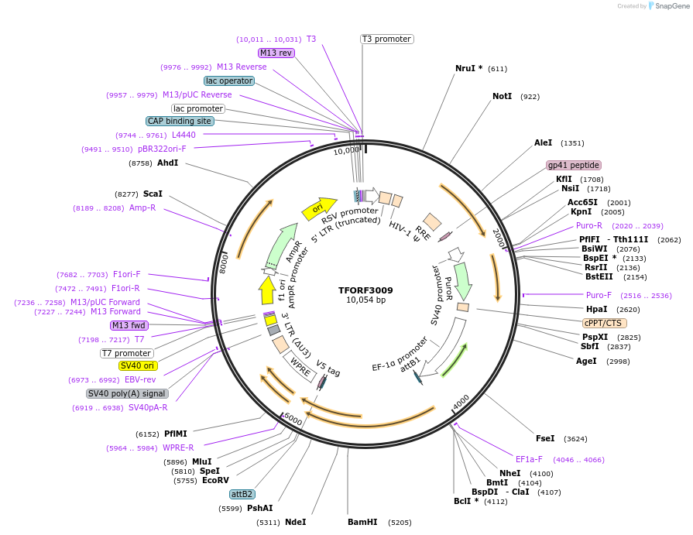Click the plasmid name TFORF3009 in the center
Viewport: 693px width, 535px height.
click(365, 290)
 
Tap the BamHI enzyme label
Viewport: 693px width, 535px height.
click(362, 523)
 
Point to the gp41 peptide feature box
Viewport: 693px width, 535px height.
click(574, 165)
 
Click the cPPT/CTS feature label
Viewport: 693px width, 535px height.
click(605, 323)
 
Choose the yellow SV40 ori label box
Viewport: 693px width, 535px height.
click(137, 365)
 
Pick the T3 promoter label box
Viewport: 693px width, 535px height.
click(387, 39)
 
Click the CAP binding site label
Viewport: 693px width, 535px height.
click(180, 121)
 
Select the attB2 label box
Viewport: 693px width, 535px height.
click(242, 494)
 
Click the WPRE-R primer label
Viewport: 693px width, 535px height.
click(178, 448)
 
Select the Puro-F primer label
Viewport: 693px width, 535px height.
click(599, 295)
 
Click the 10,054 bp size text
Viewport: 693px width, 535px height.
click(365, 300)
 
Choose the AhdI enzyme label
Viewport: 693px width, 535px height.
click(168, 163)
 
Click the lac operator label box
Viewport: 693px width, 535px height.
click(229, 81)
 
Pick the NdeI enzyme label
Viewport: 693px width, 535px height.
click(295, 523)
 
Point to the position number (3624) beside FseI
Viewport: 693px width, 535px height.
click(576, 439)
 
